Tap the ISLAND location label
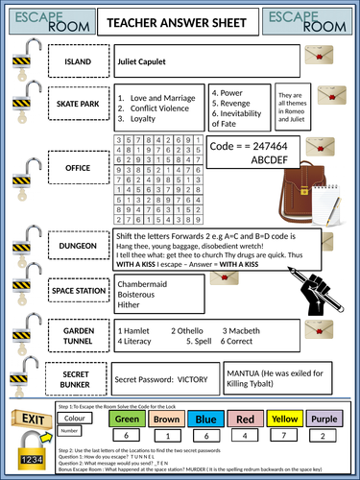[x=78, y=62]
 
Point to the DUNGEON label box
[x=78, y=247]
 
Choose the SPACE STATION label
[x=78, y=288]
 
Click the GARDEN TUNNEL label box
[x=78, y=331]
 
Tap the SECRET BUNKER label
[x=78, y=377]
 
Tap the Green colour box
[x=128, y=419]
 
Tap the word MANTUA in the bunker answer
[x=244, y=370]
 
